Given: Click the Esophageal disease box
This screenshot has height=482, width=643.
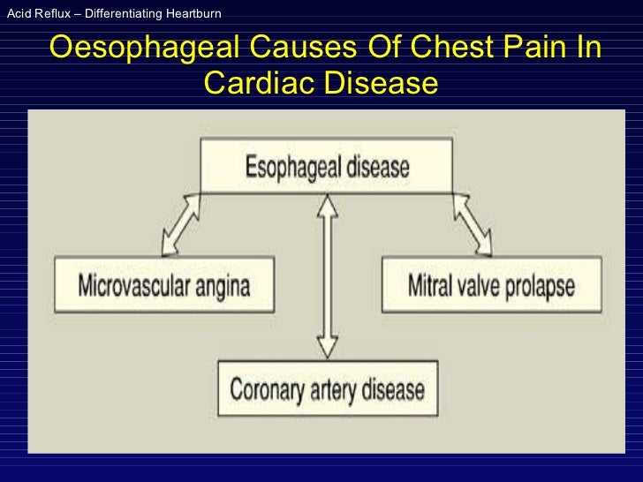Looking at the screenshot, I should [326, 166].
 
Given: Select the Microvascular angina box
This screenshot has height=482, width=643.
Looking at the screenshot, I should [164, 285].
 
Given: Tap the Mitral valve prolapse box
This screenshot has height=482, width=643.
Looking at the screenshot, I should [491, 285].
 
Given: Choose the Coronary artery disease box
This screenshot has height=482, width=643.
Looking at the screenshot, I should [327, 388].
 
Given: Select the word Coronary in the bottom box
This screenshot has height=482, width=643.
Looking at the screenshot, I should [265, 388].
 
